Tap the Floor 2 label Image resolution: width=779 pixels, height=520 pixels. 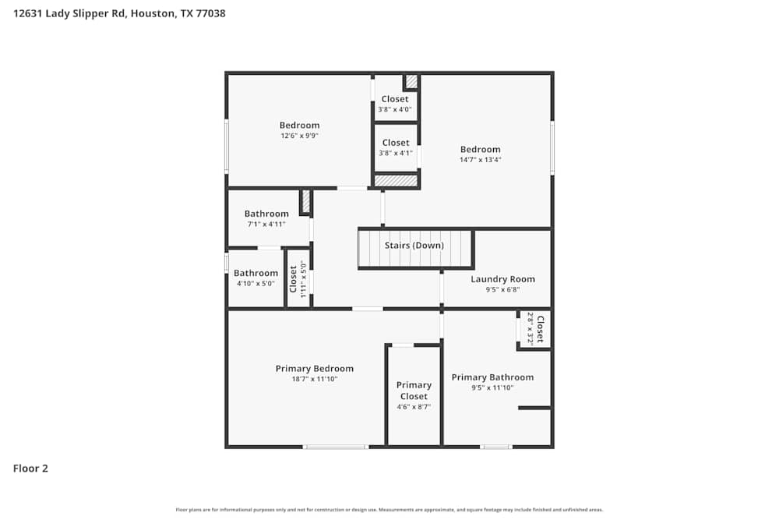click(x=30, y=469)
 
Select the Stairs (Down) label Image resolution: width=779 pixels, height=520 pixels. click(x=414, y=246)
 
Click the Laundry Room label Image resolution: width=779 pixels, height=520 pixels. click(x=502, y=279)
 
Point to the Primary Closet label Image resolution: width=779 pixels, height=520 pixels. click(x=414, y=391)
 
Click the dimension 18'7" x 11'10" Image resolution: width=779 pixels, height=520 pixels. click(x=314, y=379)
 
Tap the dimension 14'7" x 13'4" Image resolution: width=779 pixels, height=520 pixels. click(x=480, y=160)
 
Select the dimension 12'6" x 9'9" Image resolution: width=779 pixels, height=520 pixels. click(x=299, y=136)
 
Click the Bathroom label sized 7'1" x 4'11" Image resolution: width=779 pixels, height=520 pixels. click(x=266, y=214)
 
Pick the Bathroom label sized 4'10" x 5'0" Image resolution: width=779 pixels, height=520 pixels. click(x=256, y=273)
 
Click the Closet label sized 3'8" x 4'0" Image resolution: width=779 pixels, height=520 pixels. click(x=395, y=99)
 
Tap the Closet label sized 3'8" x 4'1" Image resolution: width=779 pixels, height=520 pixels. click(x=396, y=143)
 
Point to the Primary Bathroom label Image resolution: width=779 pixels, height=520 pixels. click(x=492, y=377)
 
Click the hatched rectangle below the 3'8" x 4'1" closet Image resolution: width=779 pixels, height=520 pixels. click(x=396, y=181)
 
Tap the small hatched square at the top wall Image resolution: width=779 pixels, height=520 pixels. click(x=411, y=81)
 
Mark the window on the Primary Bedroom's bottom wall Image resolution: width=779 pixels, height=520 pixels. click(x=335, y=447)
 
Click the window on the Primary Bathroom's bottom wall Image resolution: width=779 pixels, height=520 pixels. click(x=495, y=447)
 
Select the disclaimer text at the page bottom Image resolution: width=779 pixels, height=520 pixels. click(x=389, y=510)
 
